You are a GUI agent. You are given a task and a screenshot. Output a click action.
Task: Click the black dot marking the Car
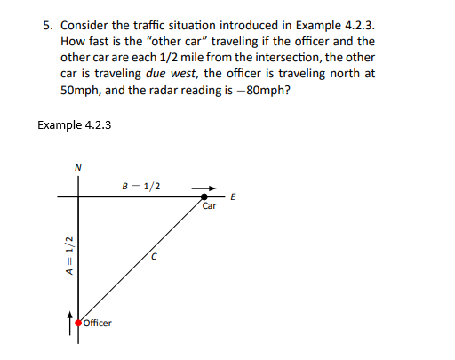pyautogui.click(x=204, y=196)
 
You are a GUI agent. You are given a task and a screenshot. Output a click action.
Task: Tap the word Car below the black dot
pyautogui.click(x=209, y=206)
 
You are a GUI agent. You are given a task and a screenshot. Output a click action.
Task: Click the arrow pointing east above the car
pyautogui.click(x=206, y=187)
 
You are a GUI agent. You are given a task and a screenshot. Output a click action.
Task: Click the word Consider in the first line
pyautogui.click(x=87, y=26)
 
